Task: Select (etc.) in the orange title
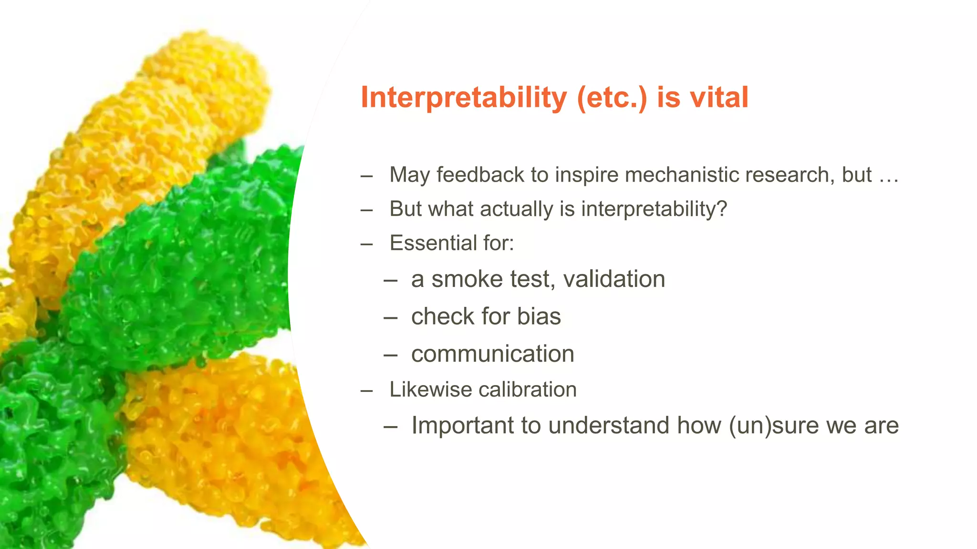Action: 612,98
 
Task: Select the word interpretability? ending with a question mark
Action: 654,209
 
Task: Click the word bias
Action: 539,316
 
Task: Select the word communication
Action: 492,354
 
